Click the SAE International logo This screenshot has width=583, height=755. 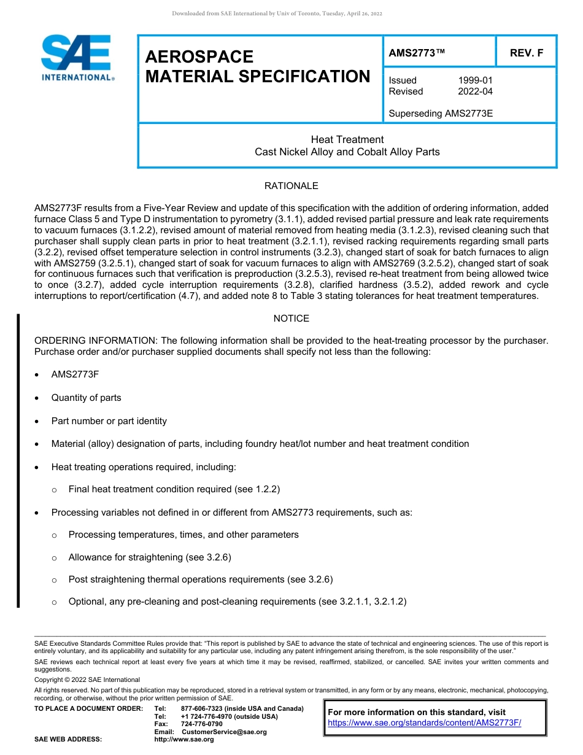[77, 58]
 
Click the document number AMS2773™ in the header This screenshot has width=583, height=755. [416, 53]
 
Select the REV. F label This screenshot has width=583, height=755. [527, 53]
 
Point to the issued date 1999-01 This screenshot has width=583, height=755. [475, 80]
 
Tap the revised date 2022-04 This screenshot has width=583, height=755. [475, 91]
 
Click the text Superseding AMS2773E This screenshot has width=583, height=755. [441, 114]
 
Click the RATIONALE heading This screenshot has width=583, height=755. [291, 186]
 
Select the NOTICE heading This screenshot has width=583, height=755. [291, 319]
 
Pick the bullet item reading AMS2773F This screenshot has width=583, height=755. [75, 374]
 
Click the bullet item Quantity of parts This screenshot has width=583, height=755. [86, 398]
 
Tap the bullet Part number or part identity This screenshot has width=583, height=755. [109, 421]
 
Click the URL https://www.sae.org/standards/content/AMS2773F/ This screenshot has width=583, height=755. [424, 723]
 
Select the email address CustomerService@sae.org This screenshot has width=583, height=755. [224, 732]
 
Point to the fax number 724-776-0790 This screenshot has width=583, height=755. [202, 724]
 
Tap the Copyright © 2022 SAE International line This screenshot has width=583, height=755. [87, 679]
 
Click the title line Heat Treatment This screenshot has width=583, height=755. [347, 140]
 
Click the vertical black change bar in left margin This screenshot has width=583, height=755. [18, 460]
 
